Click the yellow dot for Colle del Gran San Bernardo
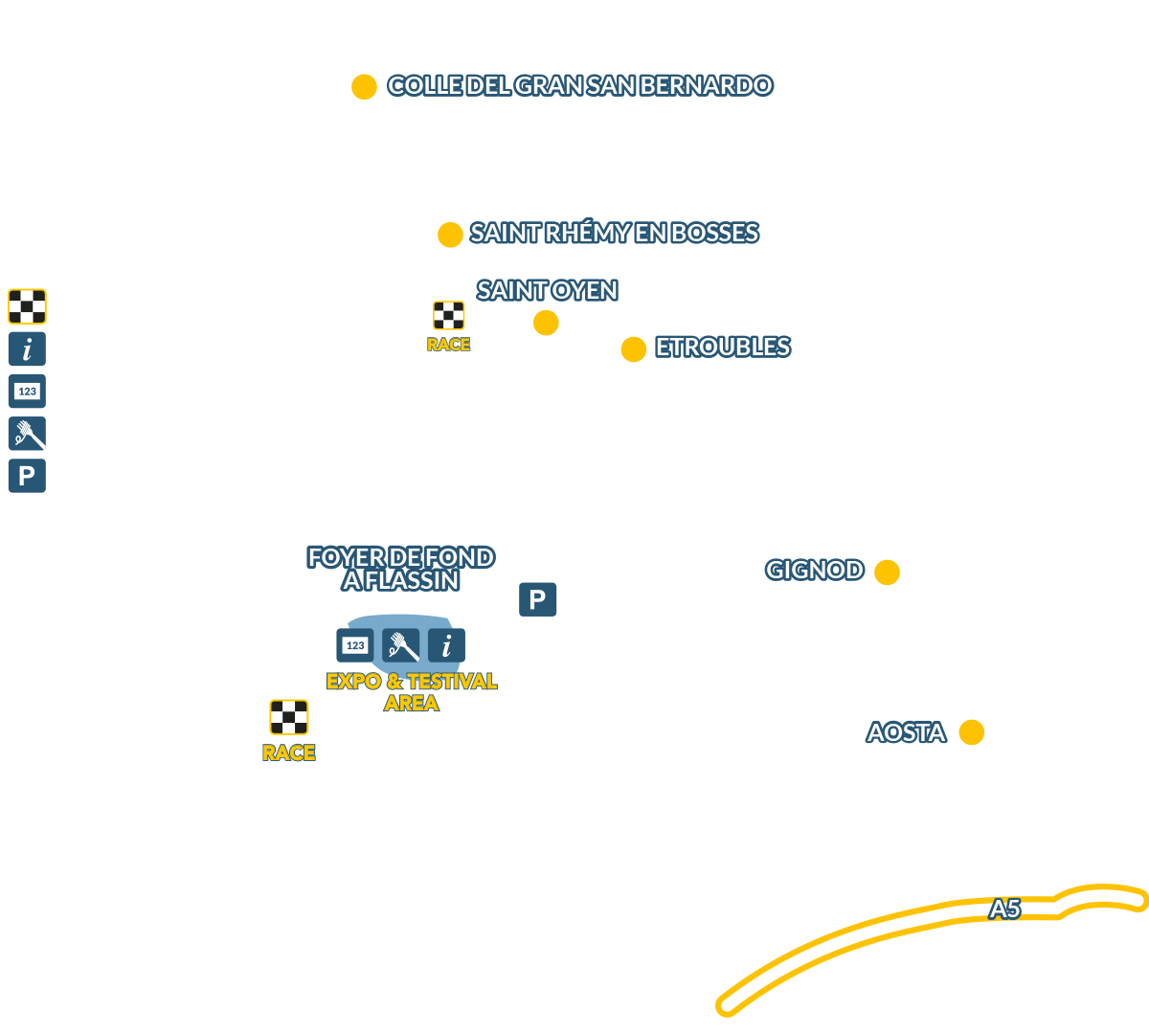pyautogui.click(x=364, y=87)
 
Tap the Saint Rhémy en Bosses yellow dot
pyautogui.click(x=450, y=234)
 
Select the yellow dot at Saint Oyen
pyautogui.click(x=546, y=323)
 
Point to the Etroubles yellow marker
pyautogui.click(x=633, y=349)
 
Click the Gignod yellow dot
pyautogui.click(x=887, y=573)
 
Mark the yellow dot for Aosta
pyautogui.click(x=971, y=732)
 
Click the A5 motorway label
pyautogui.click(x=1004, y=909)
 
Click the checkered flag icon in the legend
pyautogui.click(x=27, y=306)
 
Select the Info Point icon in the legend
pyautogui.click(x=27, y=348)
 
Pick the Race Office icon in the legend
pyautogui.click(x=27, y=391)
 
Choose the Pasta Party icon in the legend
pyautogui.click(x=27, y=434)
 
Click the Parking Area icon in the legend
pyautogui.click(x=27, y=476)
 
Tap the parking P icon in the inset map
pyautogui.click(x=537, y=600)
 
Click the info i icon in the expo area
pyautogui.click(x=446, y=646)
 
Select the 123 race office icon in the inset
pyautogui.click(x=355, y=646)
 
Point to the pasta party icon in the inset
pyautogui.click(x=401, y=646)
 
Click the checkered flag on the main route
pyautogui.click(x=448, y=316)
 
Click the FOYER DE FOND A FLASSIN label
pyautogui.click(x=401, y=569)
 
